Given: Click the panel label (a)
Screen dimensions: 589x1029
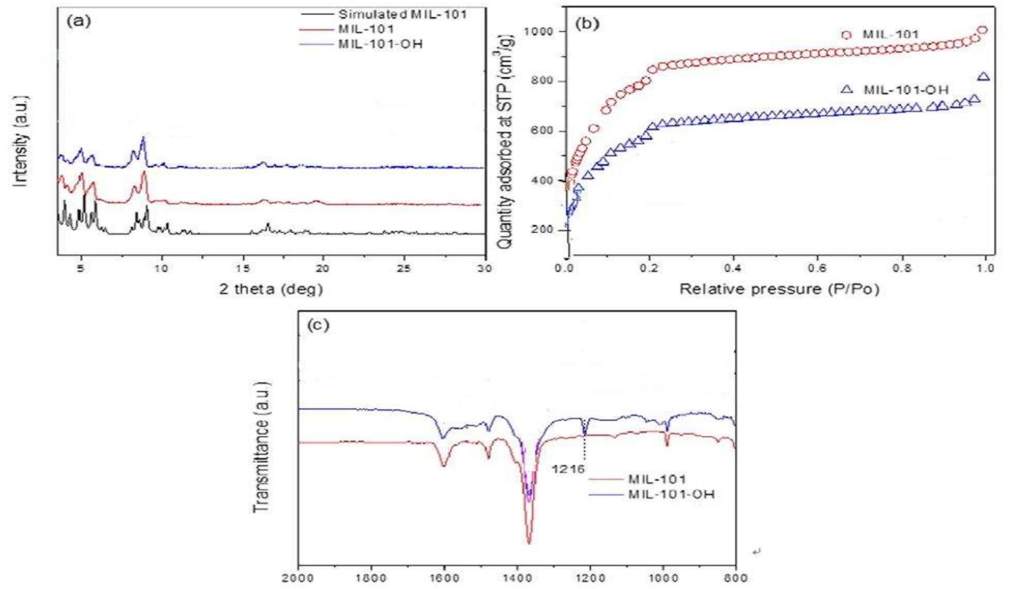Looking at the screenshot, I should (79, 21).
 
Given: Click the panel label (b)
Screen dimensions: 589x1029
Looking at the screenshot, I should (587, 24).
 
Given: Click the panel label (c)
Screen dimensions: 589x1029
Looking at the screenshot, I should (318, 325).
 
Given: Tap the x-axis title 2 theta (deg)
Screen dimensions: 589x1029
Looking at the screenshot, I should (271, 289).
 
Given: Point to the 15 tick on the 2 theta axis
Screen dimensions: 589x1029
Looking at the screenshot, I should (243, 268).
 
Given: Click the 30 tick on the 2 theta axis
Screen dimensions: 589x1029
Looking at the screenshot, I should (484, 268).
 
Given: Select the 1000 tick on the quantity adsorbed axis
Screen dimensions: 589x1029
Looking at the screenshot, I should (538, 31).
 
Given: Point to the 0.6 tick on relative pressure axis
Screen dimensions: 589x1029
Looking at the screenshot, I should (817, 268).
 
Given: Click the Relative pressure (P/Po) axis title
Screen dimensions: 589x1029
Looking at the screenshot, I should (779, 289).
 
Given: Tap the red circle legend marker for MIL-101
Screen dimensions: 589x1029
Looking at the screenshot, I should (847, 35).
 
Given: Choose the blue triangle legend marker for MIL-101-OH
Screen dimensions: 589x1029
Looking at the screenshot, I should (847, 90).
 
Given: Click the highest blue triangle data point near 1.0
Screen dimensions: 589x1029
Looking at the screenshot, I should (983, 77).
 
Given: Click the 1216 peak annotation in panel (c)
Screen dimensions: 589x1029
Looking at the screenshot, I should (568, 469).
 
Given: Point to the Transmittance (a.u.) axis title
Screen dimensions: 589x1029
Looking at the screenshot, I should (261, 447).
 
